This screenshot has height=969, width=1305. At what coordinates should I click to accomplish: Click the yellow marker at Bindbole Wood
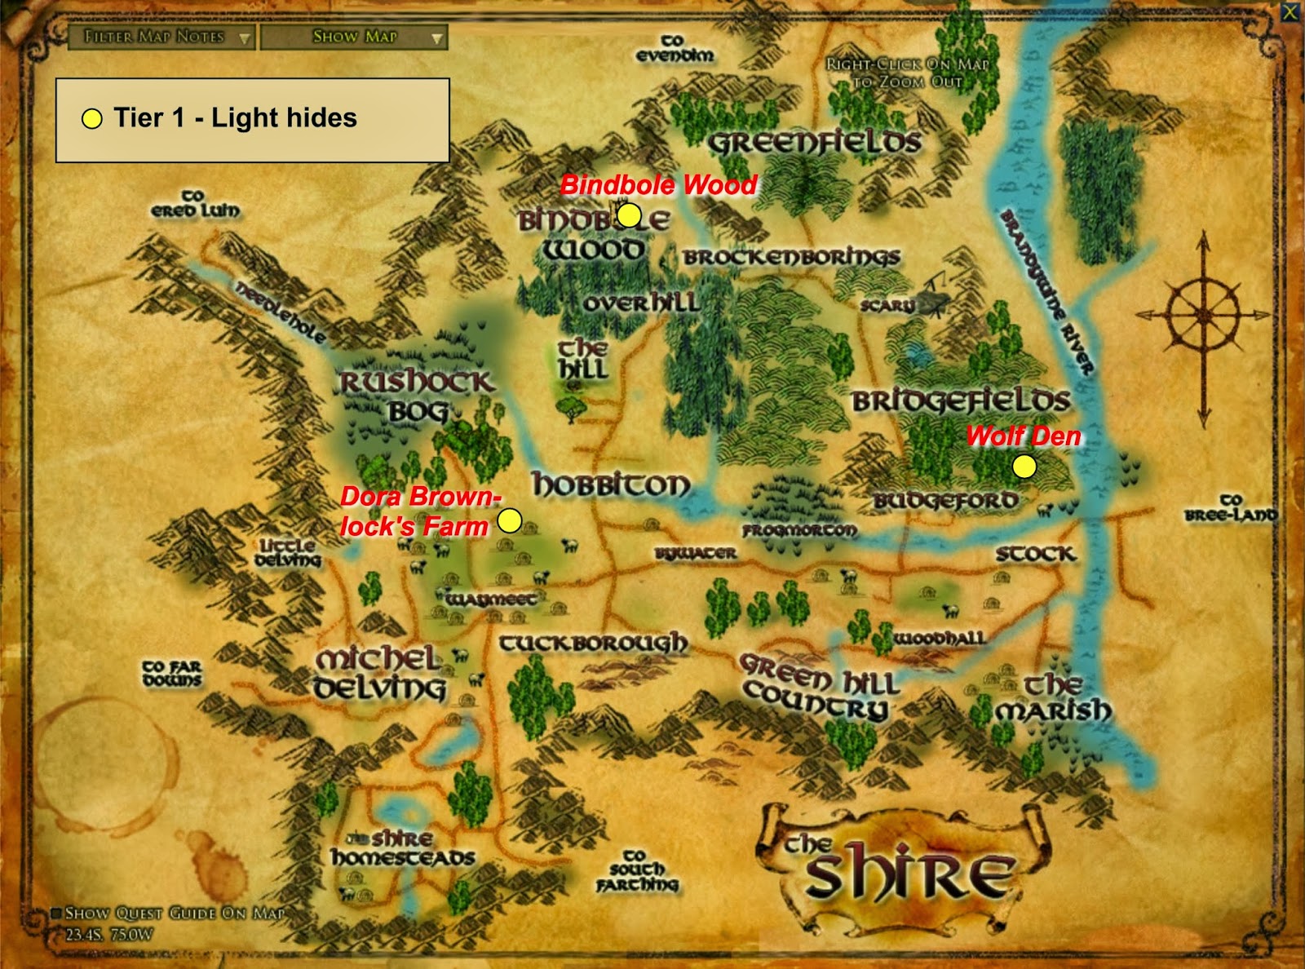pos(629,215)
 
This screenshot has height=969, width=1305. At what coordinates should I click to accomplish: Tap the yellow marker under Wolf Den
pos(1024,467)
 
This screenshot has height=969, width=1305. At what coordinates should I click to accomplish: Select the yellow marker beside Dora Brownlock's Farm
pos(510,520)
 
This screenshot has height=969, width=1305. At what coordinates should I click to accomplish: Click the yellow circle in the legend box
pos(92,119)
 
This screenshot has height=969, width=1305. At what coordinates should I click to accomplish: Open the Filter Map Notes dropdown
pos(161,37)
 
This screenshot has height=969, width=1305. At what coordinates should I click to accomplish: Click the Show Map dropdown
pos(354,37)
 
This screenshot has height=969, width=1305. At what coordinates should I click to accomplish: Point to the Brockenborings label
pos(791,257)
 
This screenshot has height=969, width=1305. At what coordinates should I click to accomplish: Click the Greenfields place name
pos(814,143)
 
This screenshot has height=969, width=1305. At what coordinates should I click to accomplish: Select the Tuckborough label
pos(593,644)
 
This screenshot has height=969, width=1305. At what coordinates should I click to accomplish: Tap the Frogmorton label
pos(799,530)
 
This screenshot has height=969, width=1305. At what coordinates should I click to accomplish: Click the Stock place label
pos(1035,555)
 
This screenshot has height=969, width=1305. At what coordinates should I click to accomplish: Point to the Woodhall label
pos(939,638)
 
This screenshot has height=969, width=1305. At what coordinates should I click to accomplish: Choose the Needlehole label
pos(281,312)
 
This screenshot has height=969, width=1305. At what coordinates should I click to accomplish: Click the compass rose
pos(1203,314)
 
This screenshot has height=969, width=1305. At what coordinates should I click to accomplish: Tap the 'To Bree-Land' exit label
pos(1230,507)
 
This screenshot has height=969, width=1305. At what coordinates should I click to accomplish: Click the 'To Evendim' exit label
pos(675,48)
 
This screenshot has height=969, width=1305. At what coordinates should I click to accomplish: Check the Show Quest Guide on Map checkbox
pos(56,914)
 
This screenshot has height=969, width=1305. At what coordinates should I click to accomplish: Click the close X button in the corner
pos(1290,11)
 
